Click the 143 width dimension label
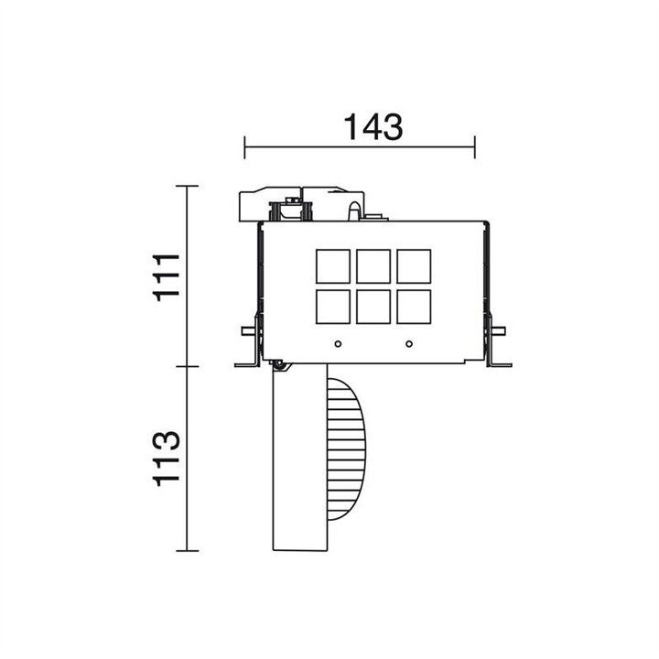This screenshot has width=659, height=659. click(373, 127)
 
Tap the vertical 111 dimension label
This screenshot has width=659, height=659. click(167, 277)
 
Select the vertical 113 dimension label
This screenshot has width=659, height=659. click(167, 459)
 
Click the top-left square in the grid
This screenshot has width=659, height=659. click(333, 266)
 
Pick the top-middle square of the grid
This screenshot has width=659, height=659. click(373, 266)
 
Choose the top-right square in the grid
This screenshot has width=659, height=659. click(414, 266)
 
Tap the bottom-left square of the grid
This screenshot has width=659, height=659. click(333, 307)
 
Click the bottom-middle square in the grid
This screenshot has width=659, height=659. click(373, 307)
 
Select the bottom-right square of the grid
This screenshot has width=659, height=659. click(414, 307)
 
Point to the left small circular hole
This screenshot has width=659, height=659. click(338, 344)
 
